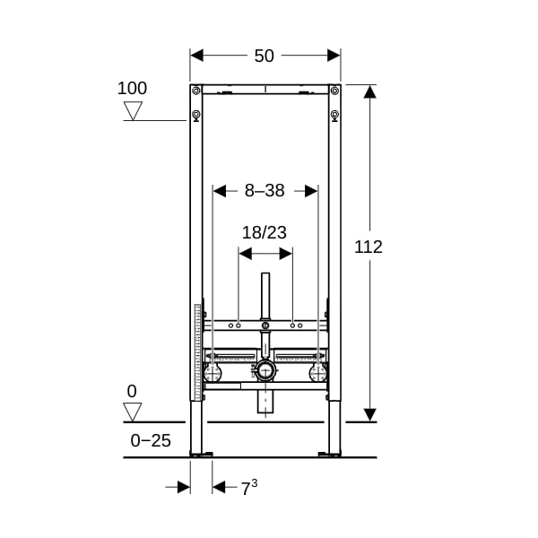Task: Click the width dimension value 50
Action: point(264,56)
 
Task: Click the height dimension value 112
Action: point(369,247)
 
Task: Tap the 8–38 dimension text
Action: point(265,190)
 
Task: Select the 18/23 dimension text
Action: point(265,232)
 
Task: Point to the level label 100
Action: point(132,88)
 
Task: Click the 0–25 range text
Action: point(151,440)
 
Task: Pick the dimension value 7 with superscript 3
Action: point(249,487)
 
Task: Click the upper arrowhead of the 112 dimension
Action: point(369,91)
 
